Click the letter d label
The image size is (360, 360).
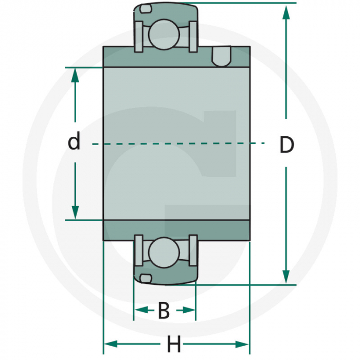75,141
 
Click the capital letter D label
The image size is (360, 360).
286,145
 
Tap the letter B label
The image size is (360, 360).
164,311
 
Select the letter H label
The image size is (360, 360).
174,343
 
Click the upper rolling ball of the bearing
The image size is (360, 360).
165,33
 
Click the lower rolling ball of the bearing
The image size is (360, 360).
165,252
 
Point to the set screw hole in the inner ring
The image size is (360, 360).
221,57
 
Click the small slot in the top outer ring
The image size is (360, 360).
146,9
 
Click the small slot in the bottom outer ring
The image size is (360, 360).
146,278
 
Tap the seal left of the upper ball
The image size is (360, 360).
138,37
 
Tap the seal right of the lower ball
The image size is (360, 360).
193,249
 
